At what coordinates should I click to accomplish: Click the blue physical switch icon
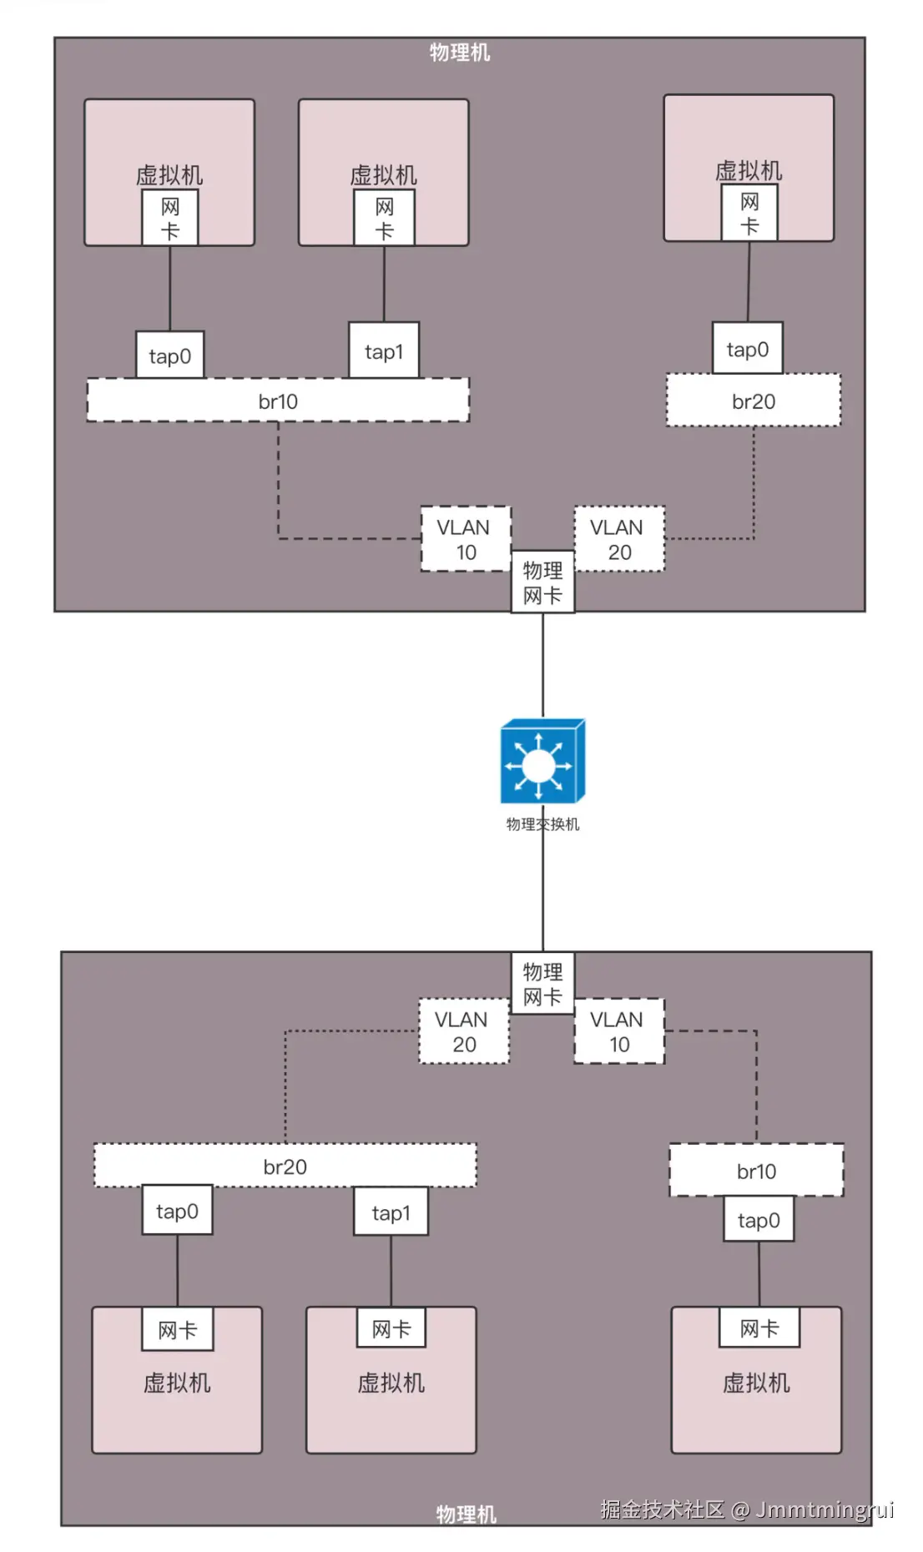click(542, 761)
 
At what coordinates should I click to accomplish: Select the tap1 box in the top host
click(384, 350)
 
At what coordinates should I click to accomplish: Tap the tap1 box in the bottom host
click(391, 1212)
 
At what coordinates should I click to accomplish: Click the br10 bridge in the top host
click(278, 401)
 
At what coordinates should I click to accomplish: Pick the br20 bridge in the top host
click(753, 401)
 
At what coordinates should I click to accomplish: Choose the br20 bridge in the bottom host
click(285, 1166)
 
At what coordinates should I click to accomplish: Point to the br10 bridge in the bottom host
click(756, 1171)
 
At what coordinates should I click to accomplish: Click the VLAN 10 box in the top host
click(466, 539)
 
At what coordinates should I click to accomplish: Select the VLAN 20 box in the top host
click(618, 539)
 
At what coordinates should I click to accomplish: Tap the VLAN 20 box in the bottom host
click(463, 1031)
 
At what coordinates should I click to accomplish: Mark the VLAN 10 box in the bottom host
click(618, 1031)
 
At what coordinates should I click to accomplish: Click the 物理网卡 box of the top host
click(542, 582)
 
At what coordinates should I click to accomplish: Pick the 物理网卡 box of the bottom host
click(542, 983)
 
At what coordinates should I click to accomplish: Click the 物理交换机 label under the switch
click(542, 824)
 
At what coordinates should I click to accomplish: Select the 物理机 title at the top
click(460, 53)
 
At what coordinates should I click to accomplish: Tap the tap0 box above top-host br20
click(747, 349)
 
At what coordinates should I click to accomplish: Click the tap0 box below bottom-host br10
click(758, 1220)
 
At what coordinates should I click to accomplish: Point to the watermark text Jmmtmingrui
click(825, 1509)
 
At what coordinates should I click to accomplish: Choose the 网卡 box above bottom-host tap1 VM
click(391, 1328)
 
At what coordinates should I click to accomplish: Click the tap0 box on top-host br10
click(169, 355)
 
